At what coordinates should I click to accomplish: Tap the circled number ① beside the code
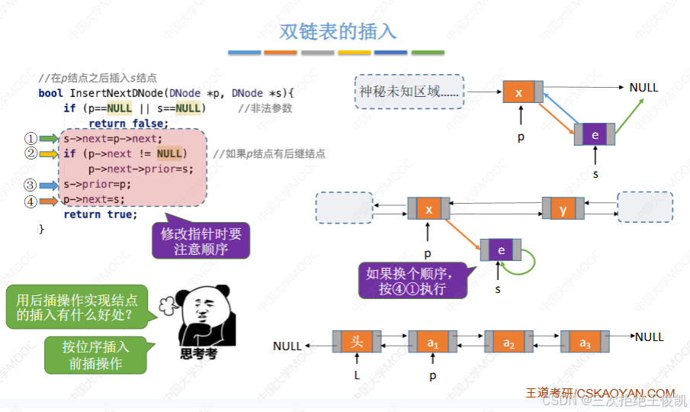click(30, 139)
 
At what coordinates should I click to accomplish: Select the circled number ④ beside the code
click(30, 201)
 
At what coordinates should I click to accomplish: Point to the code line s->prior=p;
click(98, 184)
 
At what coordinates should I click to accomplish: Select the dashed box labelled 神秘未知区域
click(409, 92)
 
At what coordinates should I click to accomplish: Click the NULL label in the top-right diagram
click(643, 88)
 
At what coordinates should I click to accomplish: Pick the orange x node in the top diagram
click(519, 92)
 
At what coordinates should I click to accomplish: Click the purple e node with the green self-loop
click(501, 250)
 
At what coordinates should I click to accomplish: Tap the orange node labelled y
click(563, 209)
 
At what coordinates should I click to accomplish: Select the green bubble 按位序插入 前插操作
click(95, 355)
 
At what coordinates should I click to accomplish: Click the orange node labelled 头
click(356, 341)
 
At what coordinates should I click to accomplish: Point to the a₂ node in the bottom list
click(509, 342)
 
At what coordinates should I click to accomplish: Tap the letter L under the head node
click(356, 375)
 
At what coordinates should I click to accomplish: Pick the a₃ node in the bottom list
click(585, 342)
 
